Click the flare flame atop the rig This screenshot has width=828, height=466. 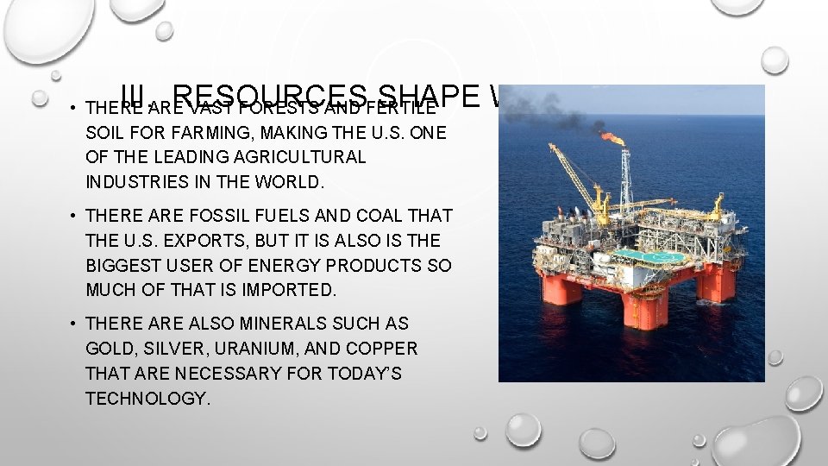click(613, 137)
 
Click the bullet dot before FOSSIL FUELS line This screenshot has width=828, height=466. click(74, 216)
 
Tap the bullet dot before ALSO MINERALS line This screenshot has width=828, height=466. click(74, 324)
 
